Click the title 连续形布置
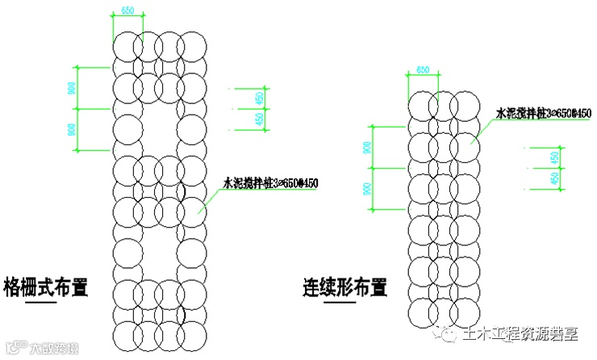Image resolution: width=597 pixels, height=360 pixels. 344,287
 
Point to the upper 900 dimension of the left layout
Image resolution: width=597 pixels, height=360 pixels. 72,89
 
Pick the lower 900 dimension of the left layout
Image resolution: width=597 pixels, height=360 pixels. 72,129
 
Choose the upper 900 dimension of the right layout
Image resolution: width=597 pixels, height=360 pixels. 368,147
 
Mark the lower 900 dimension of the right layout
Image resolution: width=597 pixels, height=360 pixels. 368,189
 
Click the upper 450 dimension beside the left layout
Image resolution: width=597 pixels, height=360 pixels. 259,99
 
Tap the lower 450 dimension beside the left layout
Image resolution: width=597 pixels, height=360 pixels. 259,119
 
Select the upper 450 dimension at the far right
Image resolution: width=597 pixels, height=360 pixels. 553,158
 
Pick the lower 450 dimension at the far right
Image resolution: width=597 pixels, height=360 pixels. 553,178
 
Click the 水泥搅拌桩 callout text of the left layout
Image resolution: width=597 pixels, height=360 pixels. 270,183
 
